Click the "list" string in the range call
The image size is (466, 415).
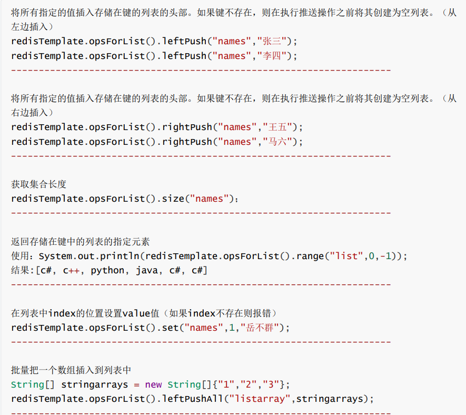tap(344, 256)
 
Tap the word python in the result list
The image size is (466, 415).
tap(107, 271)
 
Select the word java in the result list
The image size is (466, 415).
tap(147, 271)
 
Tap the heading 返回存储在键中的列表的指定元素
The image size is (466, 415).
tap(81, 242)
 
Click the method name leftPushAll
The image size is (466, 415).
tap(191, 399)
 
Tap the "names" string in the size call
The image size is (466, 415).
tap(209, 199)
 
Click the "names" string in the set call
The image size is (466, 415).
tap(203, 328)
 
